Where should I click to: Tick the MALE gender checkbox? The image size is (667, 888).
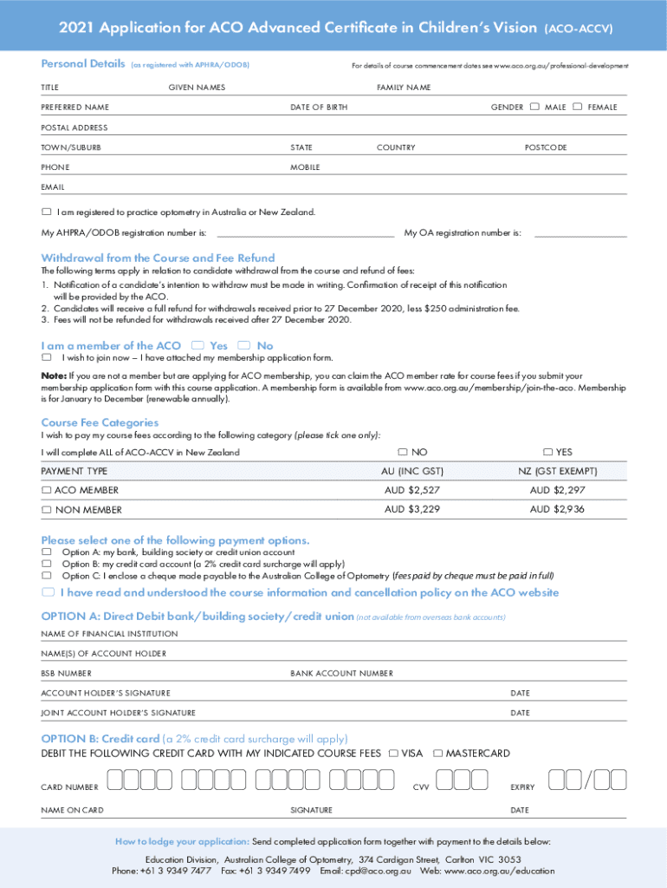coord(534,107)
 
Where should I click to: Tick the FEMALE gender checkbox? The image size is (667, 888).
coord(578,107)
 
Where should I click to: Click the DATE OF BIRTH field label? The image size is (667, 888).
coord(319,108)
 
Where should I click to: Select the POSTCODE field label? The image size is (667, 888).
coord(546,147)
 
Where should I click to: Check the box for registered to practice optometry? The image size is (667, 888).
coord(47,212)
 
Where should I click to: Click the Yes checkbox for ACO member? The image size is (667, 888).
coord(198,345)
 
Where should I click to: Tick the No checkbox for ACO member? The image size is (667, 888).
coord(244,345)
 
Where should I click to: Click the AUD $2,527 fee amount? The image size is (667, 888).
coord(412,490)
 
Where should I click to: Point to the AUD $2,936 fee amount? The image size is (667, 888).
coord(557,509)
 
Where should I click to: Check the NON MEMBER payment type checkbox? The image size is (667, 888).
coord(47,510)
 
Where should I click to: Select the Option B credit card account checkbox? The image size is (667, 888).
coord(47,563)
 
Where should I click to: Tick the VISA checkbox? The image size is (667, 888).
coord(395,753)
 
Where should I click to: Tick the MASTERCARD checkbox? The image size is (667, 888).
coord(438,753)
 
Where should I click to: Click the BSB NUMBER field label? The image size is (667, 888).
coord(66,674)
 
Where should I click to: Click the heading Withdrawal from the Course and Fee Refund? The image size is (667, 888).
coord(158,258)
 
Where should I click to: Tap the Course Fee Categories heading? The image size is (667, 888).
coord(100,422)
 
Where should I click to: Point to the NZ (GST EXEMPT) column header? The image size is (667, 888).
coord(557,471)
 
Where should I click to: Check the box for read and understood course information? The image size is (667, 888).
coord(49,592)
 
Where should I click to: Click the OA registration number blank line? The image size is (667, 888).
coord(580,234)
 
